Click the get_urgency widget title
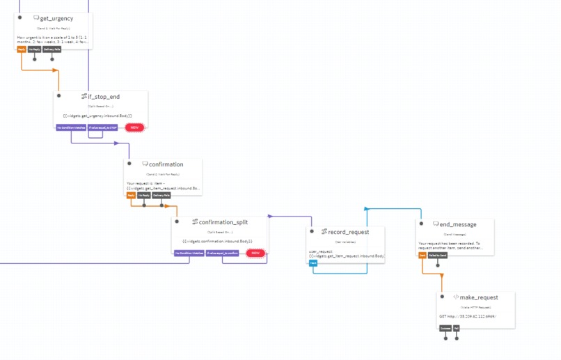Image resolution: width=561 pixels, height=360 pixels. click(56, 18)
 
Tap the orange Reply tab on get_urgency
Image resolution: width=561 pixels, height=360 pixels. click(21, 49)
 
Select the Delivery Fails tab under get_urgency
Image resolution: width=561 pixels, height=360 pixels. click(52, 49)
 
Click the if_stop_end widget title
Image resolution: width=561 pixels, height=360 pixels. click(104, 96)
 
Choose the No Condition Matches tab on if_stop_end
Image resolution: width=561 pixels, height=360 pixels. click(71, 127)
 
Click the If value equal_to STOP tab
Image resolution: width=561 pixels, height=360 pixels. click(103, 127)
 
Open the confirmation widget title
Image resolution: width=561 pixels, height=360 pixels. click(166, 164)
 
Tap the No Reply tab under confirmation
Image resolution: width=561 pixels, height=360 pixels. click(144, 196)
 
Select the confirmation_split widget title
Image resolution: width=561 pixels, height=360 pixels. click(223, 222)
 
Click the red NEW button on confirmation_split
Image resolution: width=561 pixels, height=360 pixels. click(255, 253)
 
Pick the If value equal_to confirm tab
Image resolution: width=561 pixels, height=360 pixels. click(223, 253)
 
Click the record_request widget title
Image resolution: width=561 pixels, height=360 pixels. click(348, 232)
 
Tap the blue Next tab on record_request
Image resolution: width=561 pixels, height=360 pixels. click(313, 263)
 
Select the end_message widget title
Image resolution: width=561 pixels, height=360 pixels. click(458, 224)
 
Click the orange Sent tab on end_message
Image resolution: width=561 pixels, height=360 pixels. click(422, 256)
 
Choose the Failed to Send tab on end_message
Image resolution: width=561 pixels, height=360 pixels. click(438, 256)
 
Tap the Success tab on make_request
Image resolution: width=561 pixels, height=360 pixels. click(445, 328)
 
